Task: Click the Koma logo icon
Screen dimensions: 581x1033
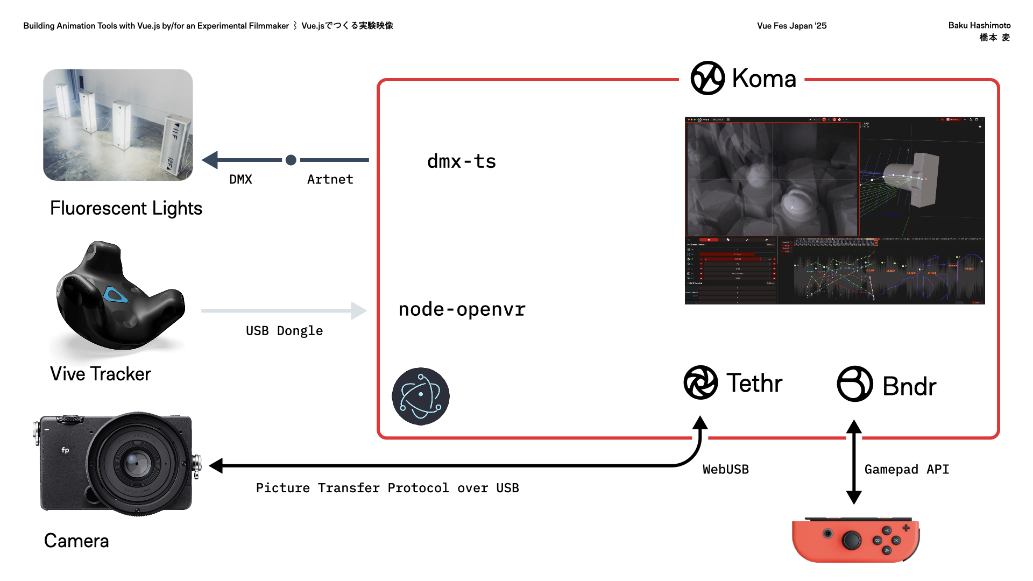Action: pyautogui.click(x=707, y=78)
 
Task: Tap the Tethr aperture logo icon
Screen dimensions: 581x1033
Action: pyautogui.click(x=701, y=382)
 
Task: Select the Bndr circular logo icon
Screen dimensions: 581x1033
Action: pyautogui.click(x=854, y=384)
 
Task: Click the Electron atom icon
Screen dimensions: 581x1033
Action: pyautogui.click(x=421, y=396)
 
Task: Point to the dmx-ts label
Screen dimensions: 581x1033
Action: pyautogui.click(x=461, y=161)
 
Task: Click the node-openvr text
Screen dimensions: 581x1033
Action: pyautogui.click(x=462, y=309)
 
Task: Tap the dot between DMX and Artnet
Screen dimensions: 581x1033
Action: pyautogui.click(x=291, y=160)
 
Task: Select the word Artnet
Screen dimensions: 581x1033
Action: pyautogui.click(x=330, y=180)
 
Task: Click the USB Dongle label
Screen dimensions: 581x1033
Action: pyautogui.click(x=284, y=331)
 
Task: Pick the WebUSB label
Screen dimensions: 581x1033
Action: pyautogui.click(x=725, y=470)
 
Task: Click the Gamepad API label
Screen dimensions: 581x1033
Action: pyautogui.click(x=907, y=470)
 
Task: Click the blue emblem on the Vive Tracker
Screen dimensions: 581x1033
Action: pyautogui.click(x=115, y=294)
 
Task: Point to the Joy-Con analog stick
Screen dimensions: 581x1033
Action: pyautogui.click(x=851, y=540)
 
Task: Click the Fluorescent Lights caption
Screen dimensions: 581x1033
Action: pyautogui.click(x=126, y=208)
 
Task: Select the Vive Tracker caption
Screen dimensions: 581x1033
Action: pyautogui.click(x=101, y=374)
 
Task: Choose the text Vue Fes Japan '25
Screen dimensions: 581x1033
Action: pyautogui.click(x=791, y=26)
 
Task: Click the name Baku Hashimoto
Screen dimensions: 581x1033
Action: pyautogui.click(x=979, y=25)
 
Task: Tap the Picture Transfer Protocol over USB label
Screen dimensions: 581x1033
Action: pyautogui.click(x=387, y=488)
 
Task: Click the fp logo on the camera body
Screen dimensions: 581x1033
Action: pyautogui.click(x=65, y=450)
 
